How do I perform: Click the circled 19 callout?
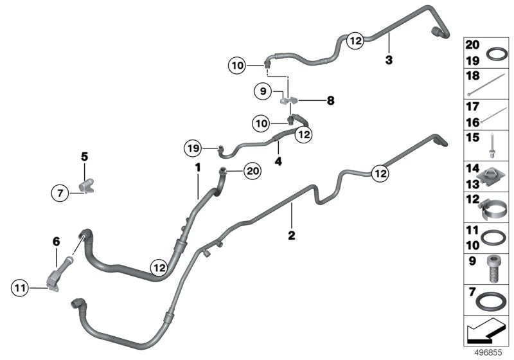point(193,148)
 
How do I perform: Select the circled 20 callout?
point(253,171)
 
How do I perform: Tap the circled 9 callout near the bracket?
point(263,91)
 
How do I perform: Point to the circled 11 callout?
point(20,288)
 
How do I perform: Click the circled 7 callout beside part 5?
point(60,193)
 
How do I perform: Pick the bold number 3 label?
point(389,60)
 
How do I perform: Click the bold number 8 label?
point(330,101)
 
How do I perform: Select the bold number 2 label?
point(292,235)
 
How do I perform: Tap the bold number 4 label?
point(278,161)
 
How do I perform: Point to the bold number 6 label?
point(57,242)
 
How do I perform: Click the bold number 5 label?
point(85,157)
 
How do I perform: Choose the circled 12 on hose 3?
point(356,40)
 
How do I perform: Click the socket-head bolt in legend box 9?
point(493,269)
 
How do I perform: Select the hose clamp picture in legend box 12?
point(490,210)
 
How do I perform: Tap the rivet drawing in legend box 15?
point(492,145)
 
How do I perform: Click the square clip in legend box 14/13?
point(490,176)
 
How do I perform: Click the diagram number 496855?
point(488,352)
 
